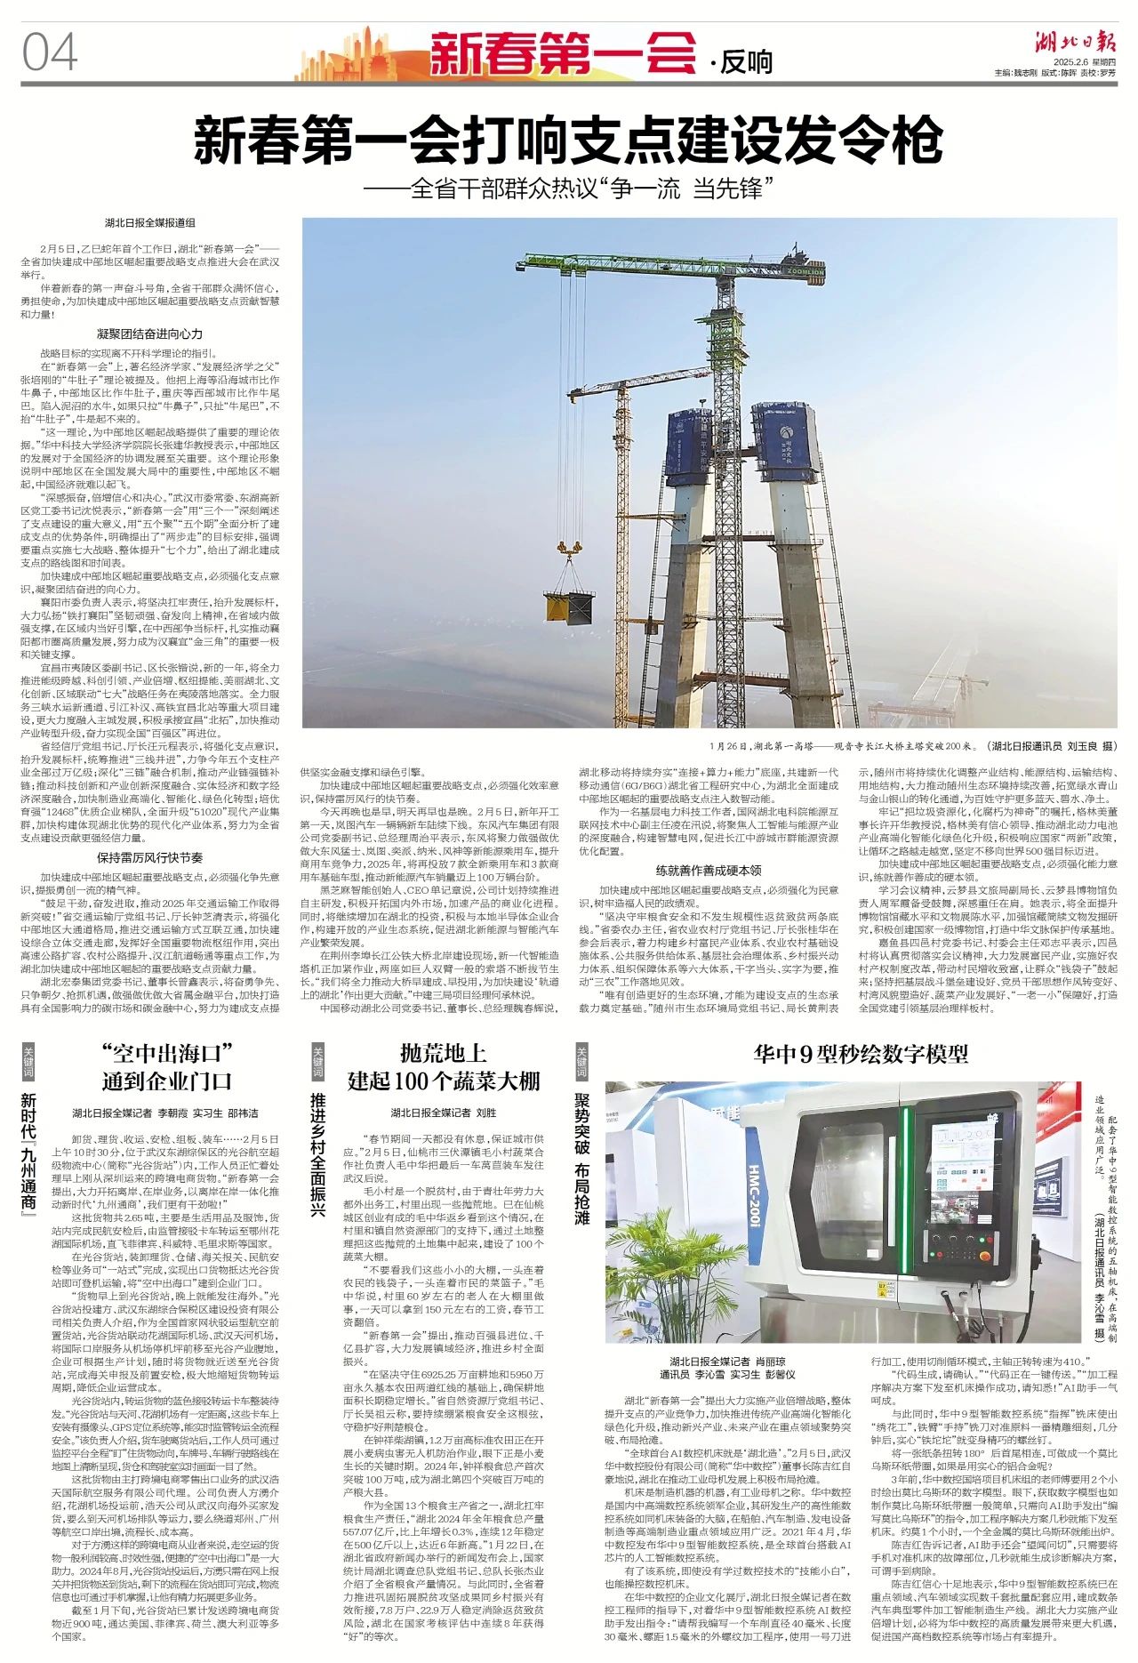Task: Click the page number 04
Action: click(51, 53)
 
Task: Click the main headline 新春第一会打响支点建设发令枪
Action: click(568, 140)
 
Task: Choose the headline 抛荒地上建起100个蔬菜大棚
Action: click(444, 1067)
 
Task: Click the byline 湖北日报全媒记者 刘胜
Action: click(443, 1113)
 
